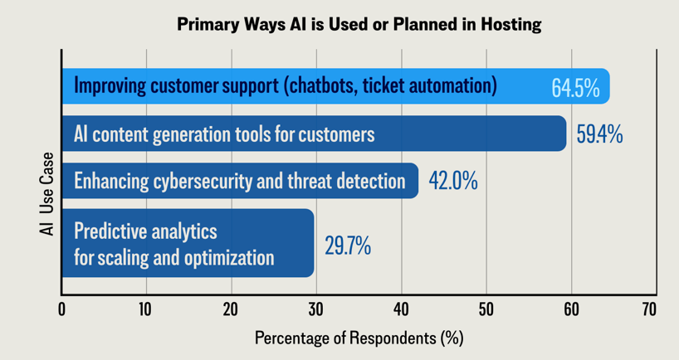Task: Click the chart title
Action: pyautogui.click(x=359, y=24)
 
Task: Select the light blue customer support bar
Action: pyautogui.click(x=332, y=86)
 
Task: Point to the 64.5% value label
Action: pyautogui.click(x=575, y=88)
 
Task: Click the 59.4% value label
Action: pyautogui.click(x=598, y=134)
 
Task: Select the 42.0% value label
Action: pyautogui.click(x=452, y=181)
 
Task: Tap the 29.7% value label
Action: pyautogui.click(x=347, y=246)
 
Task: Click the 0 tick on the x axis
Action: pyautogui.click(x=62, y=309)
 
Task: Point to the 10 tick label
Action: pyautogui.click(x=146, y=309)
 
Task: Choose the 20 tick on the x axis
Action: pyautogui.click(x=231, y=309)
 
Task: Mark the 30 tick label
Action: pyautogui.click(x=315, y=309)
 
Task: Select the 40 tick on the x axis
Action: pyautogui.click(x=401, y=309)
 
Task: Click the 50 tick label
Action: pyautogui.click(x=486, y=309)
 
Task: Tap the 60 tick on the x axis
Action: pyautogui.click(x=570, y=309)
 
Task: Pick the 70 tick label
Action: pyautogui.click(x=649, y=309)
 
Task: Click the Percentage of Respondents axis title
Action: pyautogui.click(x=359, y=338)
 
